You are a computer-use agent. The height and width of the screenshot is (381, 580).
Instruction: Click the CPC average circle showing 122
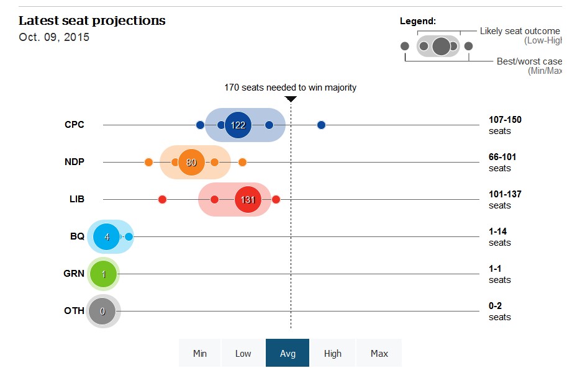pos(238,125)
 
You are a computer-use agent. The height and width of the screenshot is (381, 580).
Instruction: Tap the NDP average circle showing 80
pos(191,162)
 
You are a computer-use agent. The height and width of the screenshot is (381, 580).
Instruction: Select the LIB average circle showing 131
pos(248,199)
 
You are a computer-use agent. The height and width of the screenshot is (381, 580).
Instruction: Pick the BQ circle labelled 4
pos(107,236)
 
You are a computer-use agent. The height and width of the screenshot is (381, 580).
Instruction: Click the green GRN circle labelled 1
pos(103,274)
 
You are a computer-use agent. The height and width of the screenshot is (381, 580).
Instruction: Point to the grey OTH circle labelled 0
pos(102,311)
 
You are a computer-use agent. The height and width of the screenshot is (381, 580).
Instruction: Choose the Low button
pos(243,353)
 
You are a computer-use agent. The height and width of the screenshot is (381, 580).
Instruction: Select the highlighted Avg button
pos(288,353)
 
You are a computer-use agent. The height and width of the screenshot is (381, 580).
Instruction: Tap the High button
pos(332,353)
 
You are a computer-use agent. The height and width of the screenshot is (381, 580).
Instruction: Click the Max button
pos(379,353)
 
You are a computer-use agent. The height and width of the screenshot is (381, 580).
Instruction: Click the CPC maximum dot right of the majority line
pos(321,125)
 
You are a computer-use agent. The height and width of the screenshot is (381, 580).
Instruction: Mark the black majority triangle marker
pos(291,99)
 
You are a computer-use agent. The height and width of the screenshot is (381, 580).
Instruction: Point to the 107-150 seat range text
pos(505,120)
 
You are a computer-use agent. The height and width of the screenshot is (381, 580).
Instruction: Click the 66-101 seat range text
pos(502,157)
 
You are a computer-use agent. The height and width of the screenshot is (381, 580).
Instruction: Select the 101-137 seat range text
pos(505,194)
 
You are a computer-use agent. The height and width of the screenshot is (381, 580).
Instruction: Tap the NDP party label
pos(75,162)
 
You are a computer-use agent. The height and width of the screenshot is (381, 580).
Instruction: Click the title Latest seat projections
pos(92,20)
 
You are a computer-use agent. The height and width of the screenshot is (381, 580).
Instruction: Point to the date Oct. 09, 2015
pos(54,37)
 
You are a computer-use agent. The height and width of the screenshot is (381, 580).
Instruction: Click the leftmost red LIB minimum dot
pos(162,199)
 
